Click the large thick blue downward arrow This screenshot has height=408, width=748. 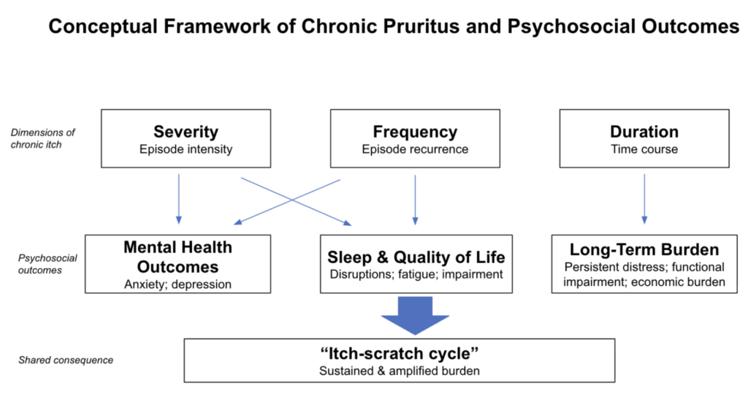tap(415, 315)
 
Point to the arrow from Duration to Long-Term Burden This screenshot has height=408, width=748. tap(644, 199)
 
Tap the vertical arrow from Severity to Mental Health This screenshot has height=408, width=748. tap(179, 199)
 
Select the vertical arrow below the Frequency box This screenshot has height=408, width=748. tap(415, 200)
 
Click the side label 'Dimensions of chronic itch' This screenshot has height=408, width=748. tap(43, 138)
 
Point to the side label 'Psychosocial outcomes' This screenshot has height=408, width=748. tap(47, 264)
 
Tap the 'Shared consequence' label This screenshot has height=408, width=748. tap(66, 360)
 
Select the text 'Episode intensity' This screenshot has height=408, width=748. tap(186, 150)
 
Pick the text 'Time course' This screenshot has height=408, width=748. tap(644, 150)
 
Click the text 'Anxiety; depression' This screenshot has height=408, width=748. tap(178, 284)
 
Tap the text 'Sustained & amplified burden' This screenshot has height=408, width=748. tap(400, 371)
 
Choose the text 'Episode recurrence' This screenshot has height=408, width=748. tap(415, 150)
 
